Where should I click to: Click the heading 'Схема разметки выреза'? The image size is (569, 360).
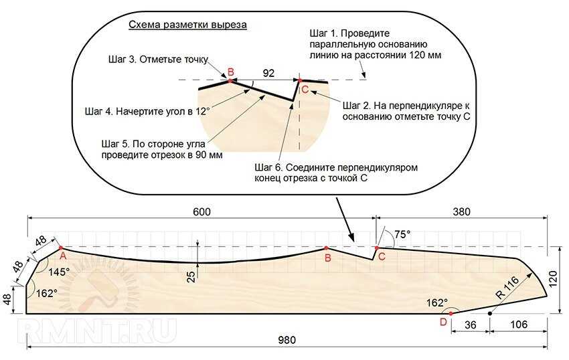(x=188, y=25)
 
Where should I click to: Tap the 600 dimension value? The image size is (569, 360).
(x=201, y=212)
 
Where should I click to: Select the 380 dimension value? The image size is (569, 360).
(x=462, y=212)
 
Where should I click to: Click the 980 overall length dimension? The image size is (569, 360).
(x=287, y=340)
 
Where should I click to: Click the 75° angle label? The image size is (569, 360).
(x=403, y=234)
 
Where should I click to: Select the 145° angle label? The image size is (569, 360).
(x=59, y=272)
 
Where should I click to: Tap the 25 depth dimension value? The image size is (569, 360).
(x=191, y=276)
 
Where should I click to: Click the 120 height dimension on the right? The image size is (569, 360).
(x=553, y=279)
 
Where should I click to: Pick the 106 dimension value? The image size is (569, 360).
(x=519, y=324)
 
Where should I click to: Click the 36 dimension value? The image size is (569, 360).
(x=471, y=325)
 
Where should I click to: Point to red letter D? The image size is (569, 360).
(x=443, y=322)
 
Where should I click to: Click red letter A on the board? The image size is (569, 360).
(x=63, y=256)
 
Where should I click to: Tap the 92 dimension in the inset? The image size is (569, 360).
(x=268, y=74)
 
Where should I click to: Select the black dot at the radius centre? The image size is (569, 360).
(x=490, y=314)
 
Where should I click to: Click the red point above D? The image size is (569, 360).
(x=451, y=314)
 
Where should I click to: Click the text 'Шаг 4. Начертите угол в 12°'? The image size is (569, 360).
(x=148, y=111)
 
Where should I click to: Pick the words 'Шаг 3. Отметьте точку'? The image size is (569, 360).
(x=158, y=60)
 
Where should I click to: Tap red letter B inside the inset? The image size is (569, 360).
(x=230, y=72)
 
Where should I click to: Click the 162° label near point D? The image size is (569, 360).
(x=437, y=302)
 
